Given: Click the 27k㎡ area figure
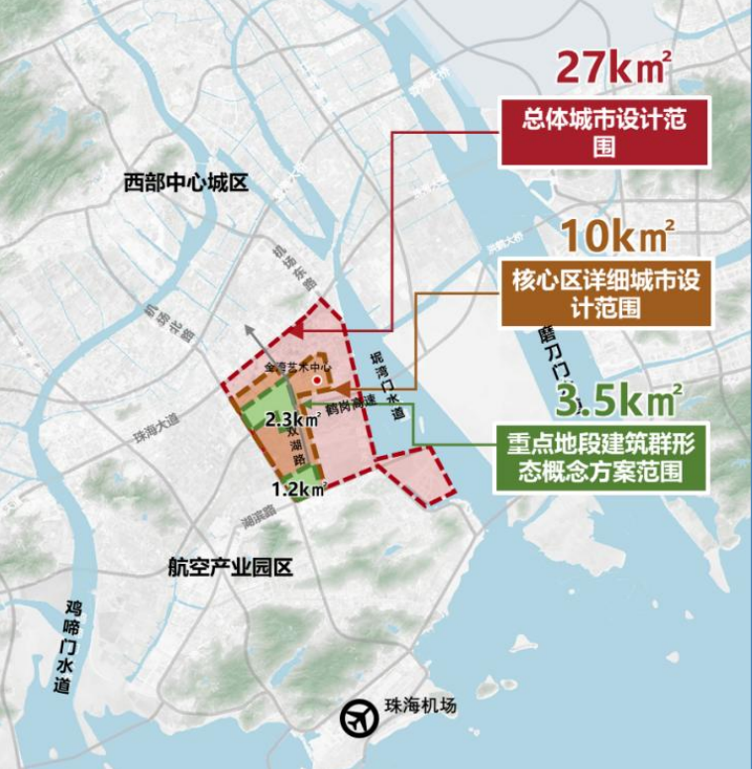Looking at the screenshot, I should (x=613, y=67).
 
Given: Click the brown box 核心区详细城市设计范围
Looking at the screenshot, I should (x=604, y=293).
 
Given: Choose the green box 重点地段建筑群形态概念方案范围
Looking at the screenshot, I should (x=602, y=458).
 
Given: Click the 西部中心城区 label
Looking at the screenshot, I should (x=184, y=183).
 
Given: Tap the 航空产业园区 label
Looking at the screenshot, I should (x=231, y=568).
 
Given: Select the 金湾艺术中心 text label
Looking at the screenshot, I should (x=297, y=367).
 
